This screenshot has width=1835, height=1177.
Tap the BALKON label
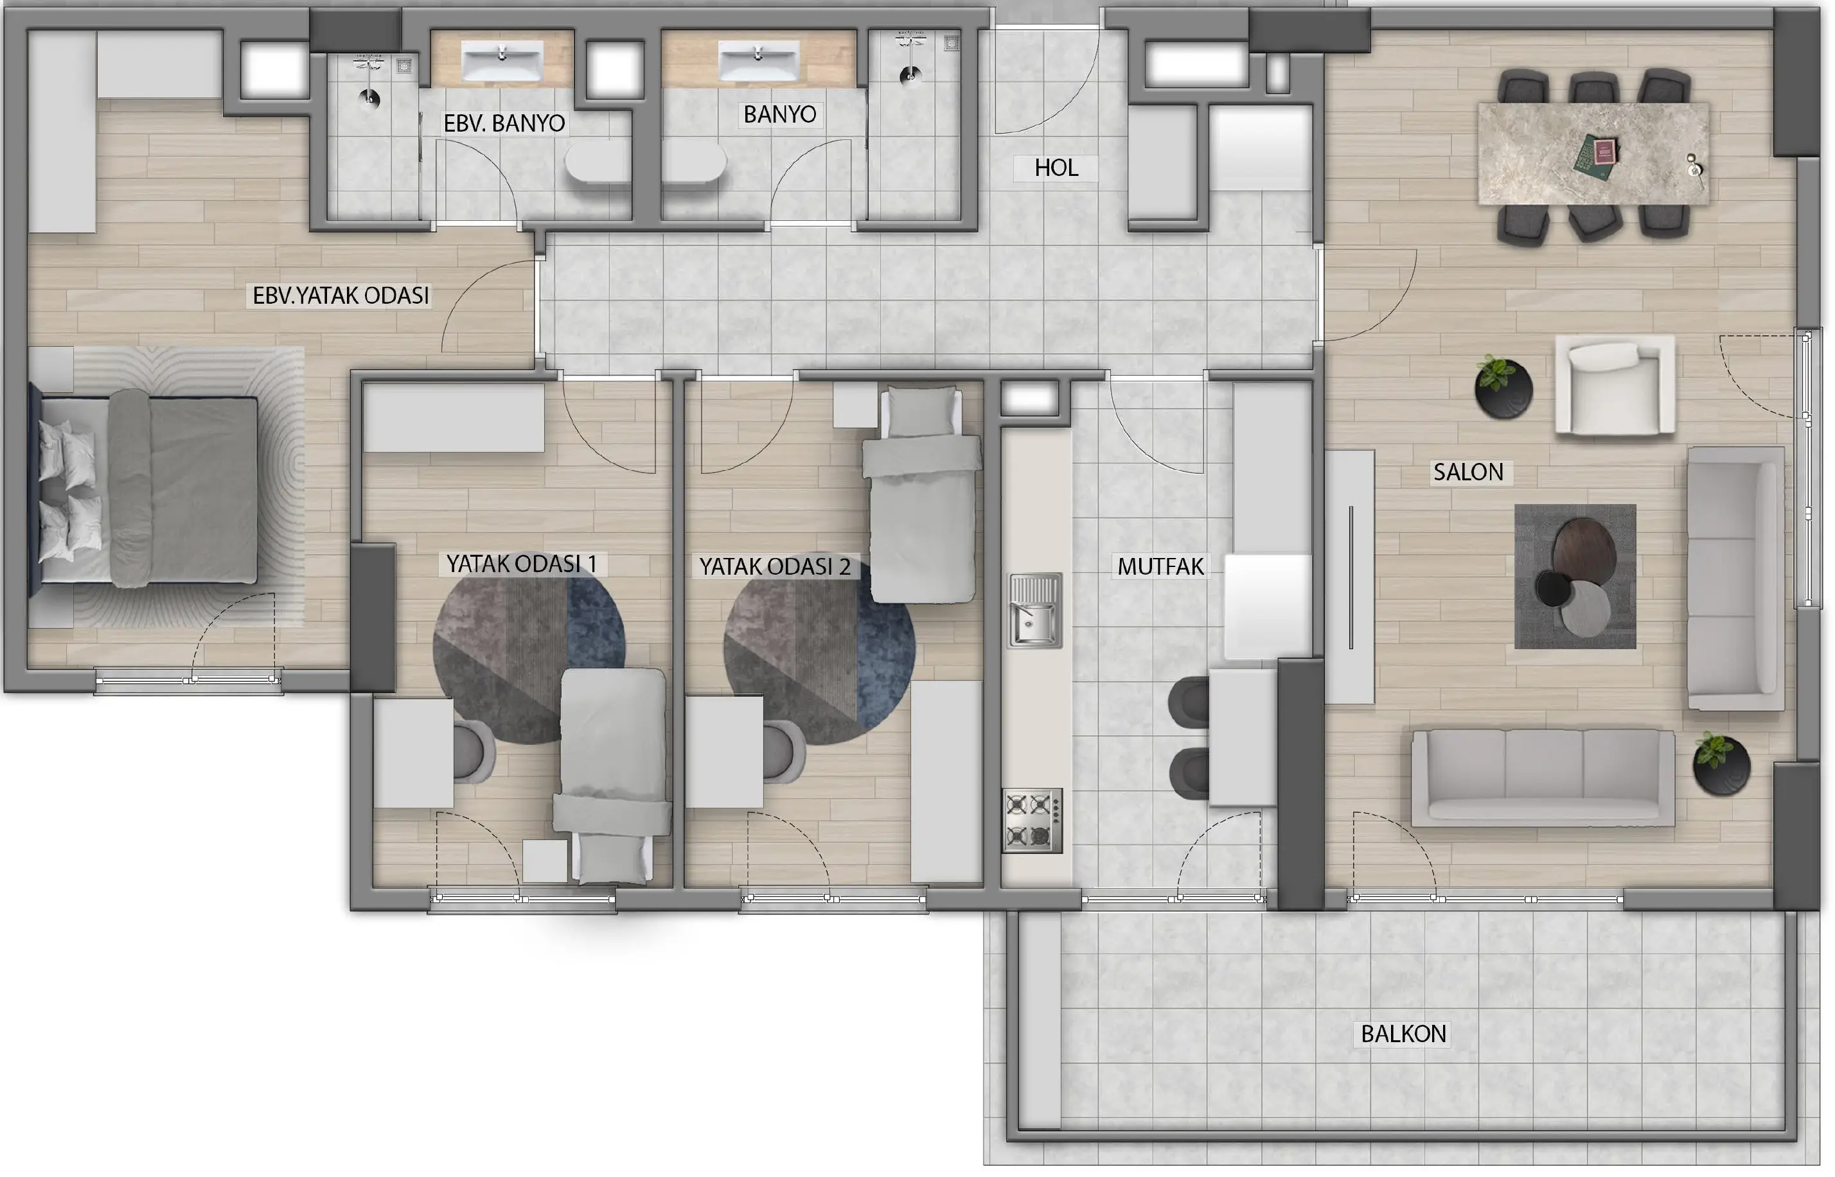tap(1403, 1033)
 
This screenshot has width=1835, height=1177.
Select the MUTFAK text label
tap(1160, 566)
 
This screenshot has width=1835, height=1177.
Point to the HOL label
tap(1056, 168)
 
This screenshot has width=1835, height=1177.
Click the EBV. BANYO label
tap(504, 123)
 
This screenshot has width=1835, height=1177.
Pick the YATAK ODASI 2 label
tap(774, 566)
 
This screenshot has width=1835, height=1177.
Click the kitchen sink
tap(1035, 610)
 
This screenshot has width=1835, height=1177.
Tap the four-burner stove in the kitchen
tap(1032, 820)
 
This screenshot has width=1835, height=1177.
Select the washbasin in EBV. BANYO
tap(502, 61)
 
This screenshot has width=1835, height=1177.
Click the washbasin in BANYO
tap(758, 60)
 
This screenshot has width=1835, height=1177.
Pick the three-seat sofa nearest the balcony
tap(1542, 777)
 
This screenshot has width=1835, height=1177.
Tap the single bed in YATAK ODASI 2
tap(923, 494)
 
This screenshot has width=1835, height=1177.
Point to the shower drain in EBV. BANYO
tap(370, 98)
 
